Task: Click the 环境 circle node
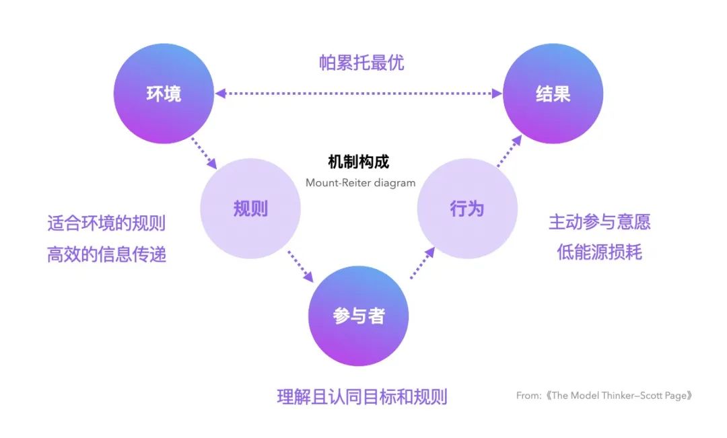coord(164,94)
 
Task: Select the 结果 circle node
coord(553,94)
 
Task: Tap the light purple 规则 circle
coord(250,209)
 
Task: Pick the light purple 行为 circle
coord(466,209)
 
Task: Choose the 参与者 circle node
coord(358,316)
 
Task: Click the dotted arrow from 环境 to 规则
coord(204,153)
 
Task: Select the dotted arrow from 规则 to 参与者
coord(300,266)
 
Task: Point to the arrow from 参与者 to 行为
coord(422,262)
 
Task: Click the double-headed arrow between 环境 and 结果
coord(358,94)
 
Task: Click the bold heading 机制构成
coord(358,162)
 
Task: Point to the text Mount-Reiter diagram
coord(360,182)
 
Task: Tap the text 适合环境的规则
coord(106,223)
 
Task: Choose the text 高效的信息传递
coord(106,254)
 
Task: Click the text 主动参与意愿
coord(599,221)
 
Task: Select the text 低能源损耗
coord(599,252)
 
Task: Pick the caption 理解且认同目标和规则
coord(361,396)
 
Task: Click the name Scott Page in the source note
coord(662,396)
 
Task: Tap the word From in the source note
coord(528,396)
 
